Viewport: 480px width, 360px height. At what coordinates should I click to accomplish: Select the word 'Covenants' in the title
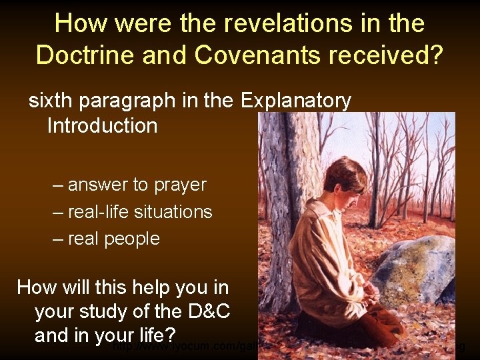255,55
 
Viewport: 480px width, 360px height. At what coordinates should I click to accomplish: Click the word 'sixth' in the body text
51,101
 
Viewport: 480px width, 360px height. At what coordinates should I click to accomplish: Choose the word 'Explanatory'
296,101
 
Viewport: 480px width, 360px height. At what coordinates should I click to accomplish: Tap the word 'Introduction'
102,125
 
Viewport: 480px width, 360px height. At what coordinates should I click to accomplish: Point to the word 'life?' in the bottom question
153,335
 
